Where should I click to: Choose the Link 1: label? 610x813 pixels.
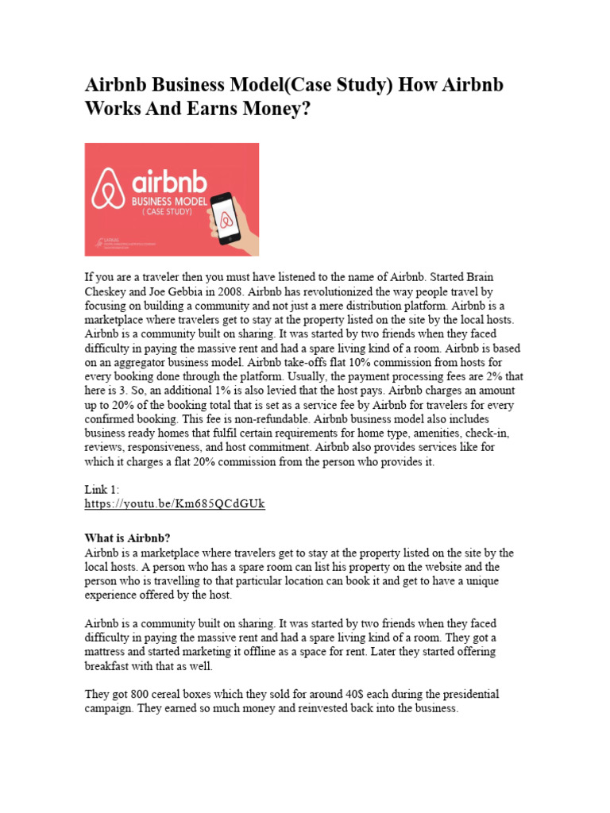click(x=102, y=490)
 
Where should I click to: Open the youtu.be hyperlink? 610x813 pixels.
click(x=175, y=504)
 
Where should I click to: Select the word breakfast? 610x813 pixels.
click(x=109, y=666)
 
